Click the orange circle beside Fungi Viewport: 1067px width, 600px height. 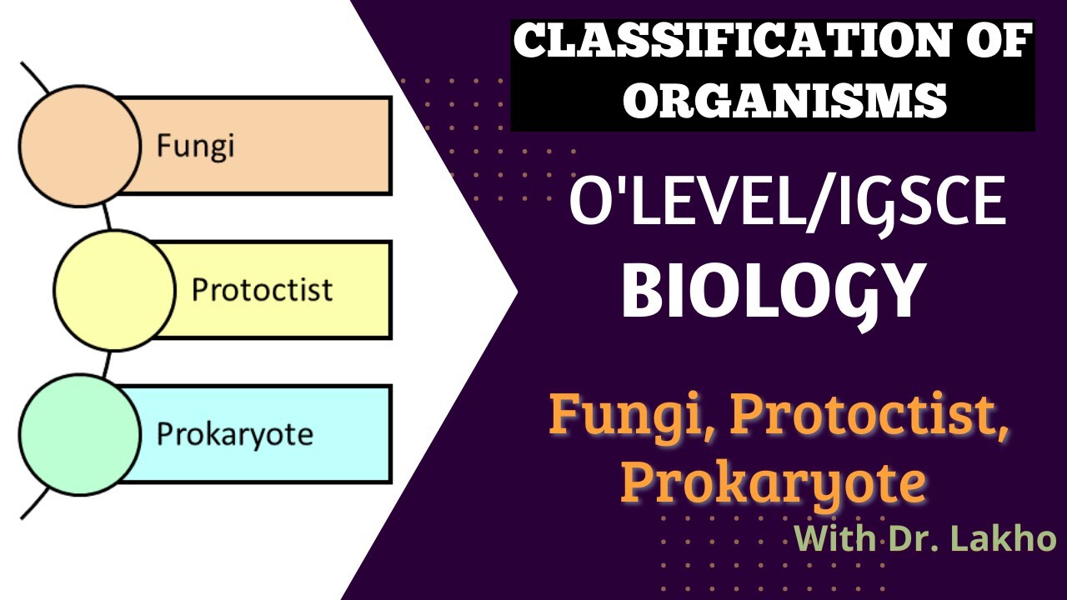click(80, 145)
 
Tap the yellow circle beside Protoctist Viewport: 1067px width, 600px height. click(115, 289)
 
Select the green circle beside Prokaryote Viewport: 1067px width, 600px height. click(80, 433)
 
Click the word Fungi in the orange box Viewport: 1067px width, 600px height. click(195, 147)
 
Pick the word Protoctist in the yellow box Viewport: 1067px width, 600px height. click(262, 290)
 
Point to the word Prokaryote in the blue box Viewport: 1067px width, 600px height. click(234, 435)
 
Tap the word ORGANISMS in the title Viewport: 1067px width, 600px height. click(785, 100)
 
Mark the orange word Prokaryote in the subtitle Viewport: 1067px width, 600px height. click(773, 482)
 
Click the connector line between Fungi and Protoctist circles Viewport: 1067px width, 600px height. click(106, 217)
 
